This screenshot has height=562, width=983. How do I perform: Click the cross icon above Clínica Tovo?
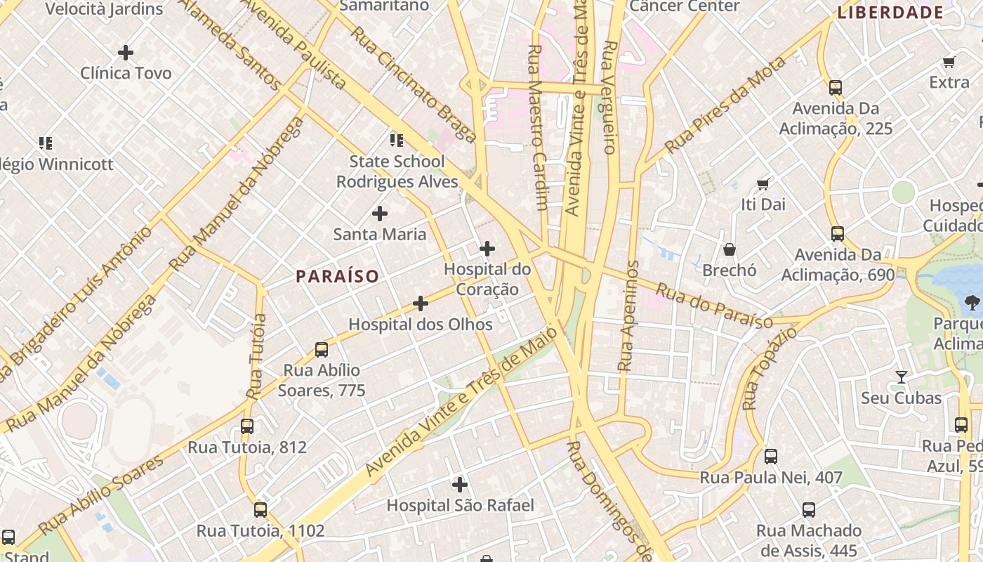pos(126,53)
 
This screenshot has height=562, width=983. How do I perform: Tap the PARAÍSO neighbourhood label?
pos(337,276)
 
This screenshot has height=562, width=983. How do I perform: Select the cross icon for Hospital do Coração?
pos(487,249)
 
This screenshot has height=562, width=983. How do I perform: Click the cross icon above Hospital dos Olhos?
pos(420,303)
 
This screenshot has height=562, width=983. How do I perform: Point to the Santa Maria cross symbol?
pos(379,214)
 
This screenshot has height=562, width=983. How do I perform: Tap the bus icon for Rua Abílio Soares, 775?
pos(322,349)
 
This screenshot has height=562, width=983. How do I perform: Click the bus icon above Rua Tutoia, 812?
pos(246,426)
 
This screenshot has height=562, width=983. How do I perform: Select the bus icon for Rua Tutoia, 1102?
pos(260,510)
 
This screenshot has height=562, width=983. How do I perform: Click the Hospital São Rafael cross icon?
pos(460,485)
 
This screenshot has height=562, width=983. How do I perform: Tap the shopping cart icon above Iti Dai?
pos(763,184)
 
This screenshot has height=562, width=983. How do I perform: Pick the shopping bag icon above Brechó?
pos(730,249)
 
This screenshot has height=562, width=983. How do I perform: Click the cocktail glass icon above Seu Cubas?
pos(901,377)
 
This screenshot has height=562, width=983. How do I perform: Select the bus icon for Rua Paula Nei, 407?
pos(770,457)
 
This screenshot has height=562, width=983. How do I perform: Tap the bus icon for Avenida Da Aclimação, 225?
pos(835,88)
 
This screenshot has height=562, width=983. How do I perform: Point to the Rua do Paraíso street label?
pos(715,306)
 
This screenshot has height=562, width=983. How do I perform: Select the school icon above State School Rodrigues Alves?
pos(397,140)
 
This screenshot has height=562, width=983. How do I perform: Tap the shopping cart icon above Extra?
pos(949,62)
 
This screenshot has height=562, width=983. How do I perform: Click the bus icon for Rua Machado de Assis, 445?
pos(808,510)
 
